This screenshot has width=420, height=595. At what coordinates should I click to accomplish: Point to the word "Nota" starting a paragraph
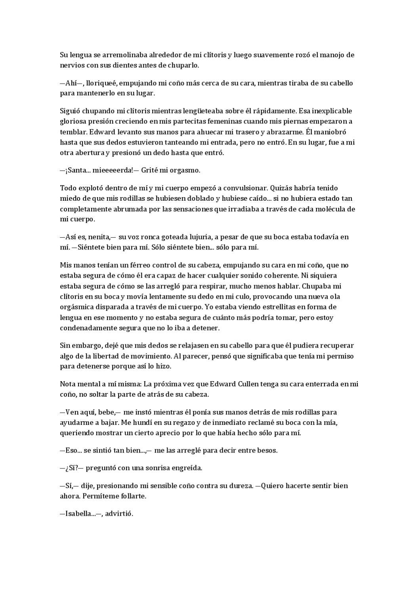(x=68, y=384)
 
